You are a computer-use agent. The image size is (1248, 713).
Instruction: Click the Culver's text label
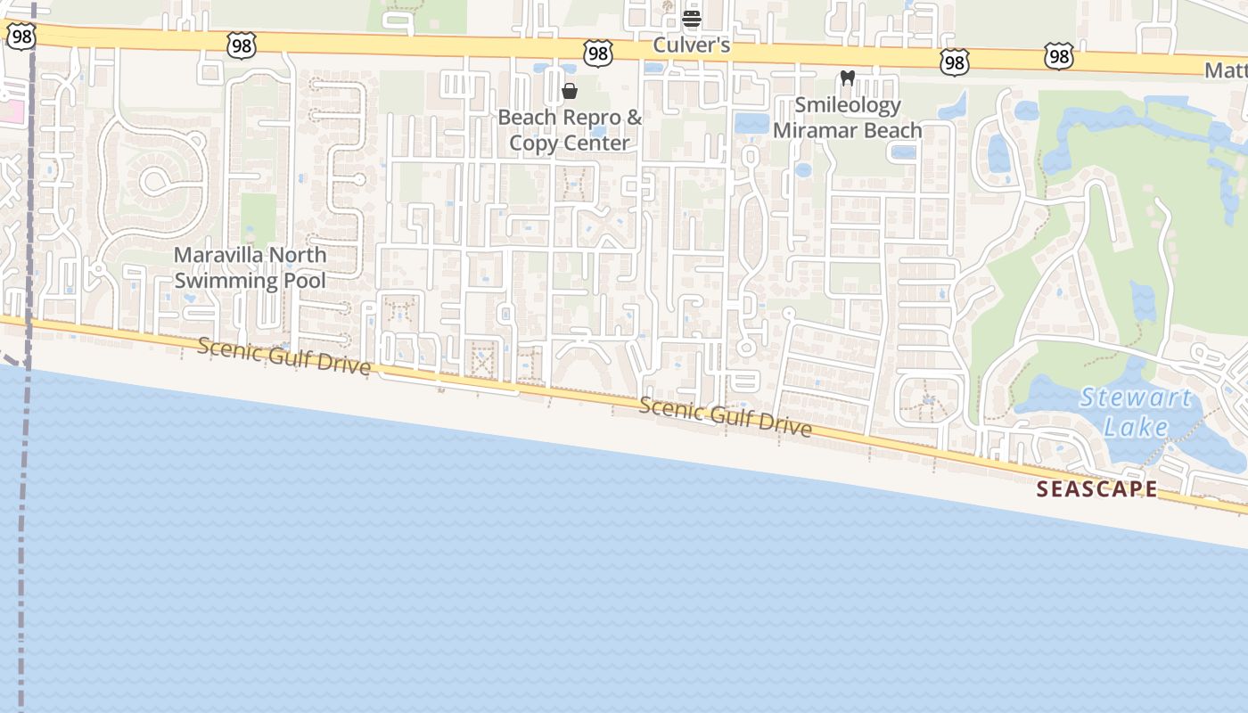692,45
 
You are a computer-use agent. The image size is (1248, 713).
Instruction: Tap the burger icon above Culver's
692,18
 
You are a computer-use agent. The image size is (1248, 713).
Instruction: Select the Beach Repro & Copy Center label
570,130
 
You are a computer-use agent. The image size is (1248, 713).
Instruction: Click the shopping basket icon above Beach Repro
570,91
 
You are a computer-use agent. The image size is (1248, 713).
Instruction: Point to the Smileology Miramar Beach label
847,118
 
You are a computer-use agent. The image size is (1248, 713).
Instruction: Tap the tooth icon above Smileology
848,78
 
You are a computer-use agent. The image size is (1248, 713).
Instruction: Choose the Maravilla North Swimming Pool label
250,267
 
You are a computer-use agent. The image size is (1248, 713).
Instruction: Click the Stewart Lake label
1136,412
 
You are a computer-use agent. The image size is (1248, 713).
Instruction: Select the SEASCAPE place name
1097,488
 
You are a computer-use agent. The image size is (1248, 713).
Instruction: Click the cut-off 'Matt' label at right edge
1226,70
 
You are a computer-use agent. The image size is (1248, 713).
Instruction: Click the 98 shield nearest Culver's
598,53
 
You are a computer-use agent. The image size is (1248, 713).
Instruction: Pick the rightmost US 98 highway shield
1059,56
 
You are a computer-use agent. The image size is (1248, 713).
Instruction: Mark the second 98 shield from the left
242,45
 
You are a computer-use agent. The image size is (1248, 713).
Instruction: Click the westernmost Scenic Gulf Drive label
283,356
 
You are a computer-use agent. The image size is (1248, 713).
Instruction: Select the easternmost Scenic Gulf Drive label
726,417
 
